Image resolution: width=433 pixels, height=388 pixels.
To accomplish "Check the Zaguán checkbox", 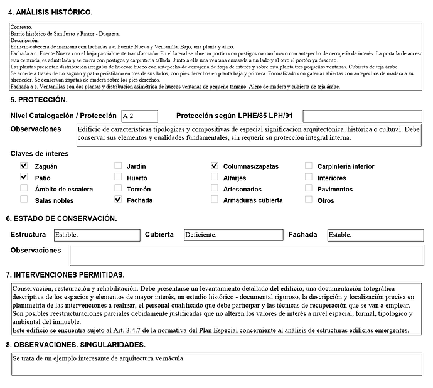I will pos(24,166).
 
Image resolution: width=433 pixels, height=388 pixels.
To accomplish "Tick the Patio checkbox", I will pos(24,177).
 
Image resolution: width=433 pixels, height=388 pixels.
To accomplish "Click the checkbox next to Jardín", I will pos(118,166).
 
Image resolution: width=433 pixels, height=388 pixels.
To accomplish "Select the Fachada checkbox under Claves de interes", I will pos(118,200).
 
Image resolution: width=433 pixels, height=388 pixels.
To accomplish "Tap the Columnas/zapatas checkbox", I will pos(215,166).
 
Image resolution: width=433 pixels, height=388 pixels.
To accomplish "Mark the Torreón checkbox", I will pos(118,188).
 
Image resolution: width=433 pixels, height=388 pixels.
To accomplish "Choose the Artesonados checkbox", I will pos(215,188).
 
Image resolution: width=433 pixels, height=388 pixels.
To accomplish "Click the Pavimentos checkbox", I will pos(309,188).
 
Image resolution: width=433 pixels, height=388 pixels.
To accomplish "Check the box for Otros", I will pos(309,200).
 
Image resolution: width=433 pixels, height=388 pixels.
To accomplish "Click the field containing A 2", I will pos(139,116).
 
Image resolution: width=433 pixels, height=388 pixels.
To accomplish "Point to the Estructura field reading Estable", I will pos(96,235).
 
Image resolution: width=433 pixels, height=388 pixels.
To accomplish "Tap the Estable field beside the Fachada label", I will pos(374,235).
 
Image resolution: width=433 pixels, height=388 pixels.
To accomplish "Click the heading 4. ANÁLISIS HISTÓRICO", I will pos(50,13).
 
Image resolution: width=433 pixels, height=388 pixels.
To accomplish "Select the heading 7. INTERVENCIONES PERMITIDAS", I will pos(65,274).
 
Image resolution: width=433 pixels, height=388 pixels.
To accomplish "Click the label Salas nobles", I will pos(54,200).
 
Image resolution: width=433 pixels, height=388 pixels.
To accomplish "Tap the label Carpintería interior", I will pos(346,166).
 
